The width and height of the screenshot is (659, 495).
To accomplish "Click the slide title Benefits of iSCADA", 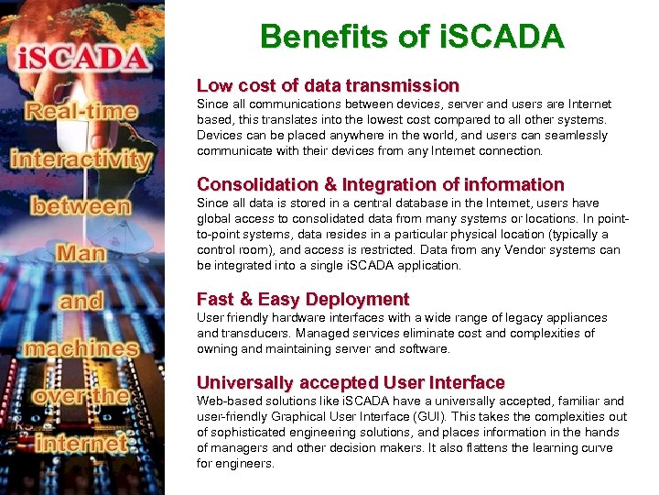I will tap(412, 38).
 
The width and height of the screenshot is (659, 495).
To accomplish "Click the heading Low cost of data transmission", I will tap(328, 86).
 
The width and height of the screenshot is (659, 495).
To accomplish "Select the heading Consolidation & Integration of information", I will tap(380, 184).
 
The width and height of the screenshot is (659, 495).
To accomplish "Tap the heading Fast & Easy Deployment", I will tap(303, 300).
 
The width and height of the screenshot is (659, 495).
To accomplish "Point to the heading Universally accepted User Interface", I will tap(351, 382).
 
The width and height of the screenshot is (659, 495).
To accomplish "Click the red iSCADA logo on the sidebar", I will tap(82, 60).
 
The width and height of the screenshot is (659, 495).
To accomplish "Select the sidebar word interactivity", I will tap(81, 159).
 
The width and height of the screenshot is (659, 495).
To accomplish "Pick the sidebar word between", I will tap(81, 205).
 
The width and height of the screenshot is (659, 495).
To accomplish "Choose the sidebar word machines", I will tap(81, 348).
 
